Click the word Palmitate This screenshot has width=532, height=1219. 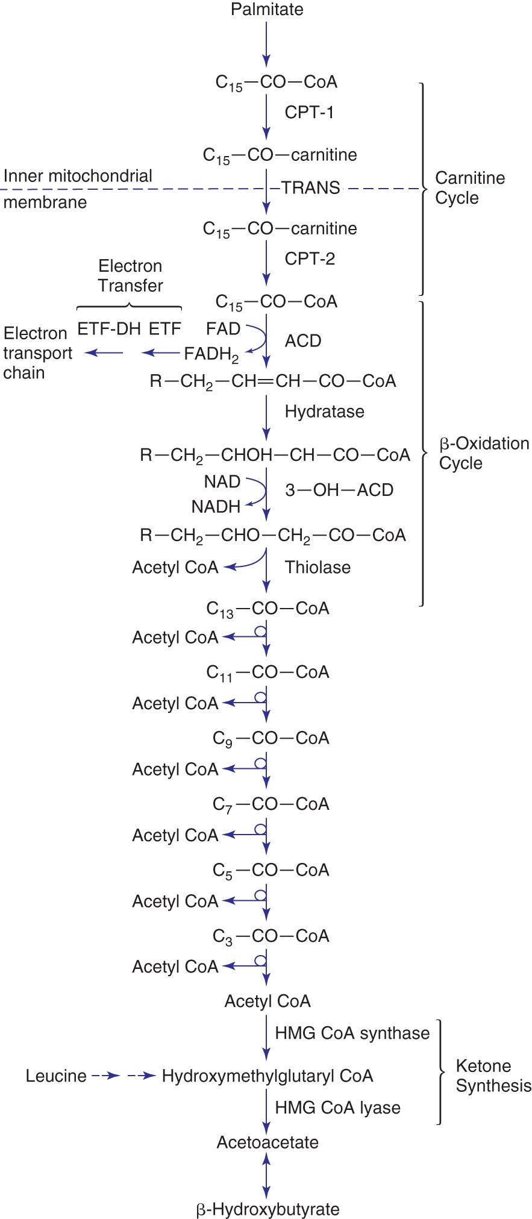(x=267, y=9)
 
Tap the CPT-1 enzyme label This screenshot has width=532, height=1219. (x=309, y=113)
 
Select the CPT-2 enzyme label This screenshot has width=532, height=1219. (x=310, y=259)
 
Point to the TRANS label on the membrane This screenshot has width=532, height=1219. (x=311, y=188)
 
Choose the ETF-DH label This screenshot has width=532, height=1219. (x=109, y=329)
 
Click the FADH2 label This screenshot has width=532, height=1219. (x=211, y=354)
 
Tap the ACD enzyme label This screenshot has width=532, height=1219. (x=303, y=341)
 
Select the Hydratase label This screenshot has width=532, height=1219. (x=325, y=412)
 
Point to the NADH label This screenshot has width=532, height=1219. (x=216, y=507)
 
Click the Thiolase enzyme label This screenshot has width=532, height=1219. (x=318, y=568)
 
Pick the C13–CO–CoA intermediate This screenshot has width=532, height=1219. (x=268, y=609)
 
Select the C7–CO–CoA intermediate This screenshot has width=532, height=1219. (x=271, y=804)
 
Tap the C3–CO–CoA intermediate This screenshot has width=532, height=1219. (x=271, y=936)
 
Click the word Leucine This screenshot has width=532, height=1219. (x=56, y=1076)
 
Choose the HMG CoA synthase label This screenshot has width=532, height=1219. (x=352, y=1033)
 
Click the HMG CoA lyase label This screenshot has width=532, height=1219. (x=337, y=1108)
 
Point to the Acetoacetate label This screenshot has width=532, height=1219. (x=268, y=1142)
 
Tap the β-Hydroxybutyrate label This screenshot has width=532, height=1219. (x=268, y=1209)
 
